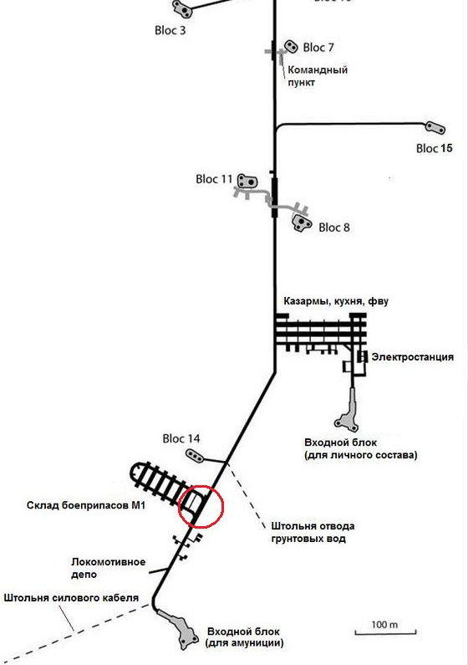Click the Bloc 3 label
pyautogui.click(x=170, y=31)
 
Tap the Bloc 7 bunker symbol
pyautogui.click(x=291, y=46)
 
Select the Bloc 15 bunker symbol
pyautogui.click(x=435, y=128)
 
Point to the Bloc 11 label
pyautogui.click(x=214, y=179)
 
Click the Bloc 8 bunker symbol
pyautogui.click(x=302, y=223)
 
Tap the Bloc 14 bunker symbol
pyautogui.click(x=195, y=456)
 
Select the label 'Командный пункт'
pyautogui.click(x=318, y=76)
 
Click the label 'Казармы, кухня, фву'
pyautogui.click(x=336, y=301)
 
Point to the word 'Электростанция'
pyautogui.click(x=413, y=357)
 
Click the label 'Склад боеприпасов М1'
pyautogui.click(x=86, y=505)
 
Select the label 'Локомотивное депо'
pyautogui.click(x=108, y=568)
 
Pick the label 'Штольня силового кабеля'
pyautogui.click(x=71, y=598)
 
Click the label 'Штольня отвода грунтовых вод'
pyautogui.click(x=313, y=533)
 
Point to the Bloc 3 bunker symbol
pyautogui.click(x=182, y=9)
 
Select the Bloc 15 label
pyautogui.click(x=434, y=148)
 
